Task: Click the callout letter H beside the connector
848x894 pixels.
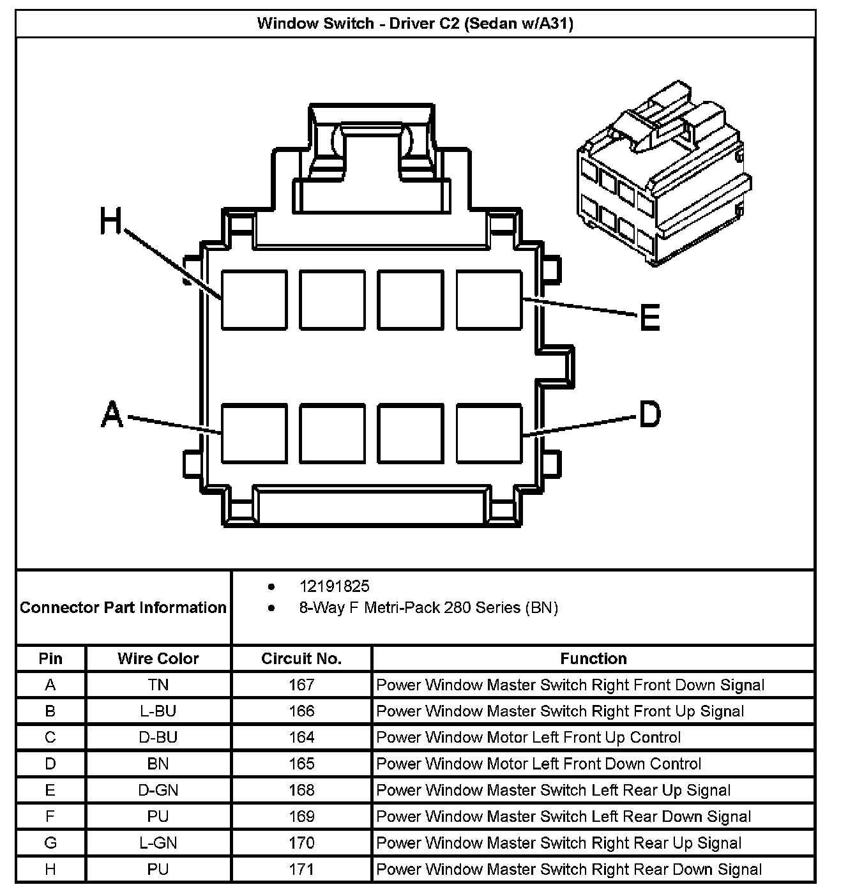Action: (x=110, y=222)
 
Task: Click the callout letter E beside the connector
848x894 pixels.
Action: (x=649, y=317)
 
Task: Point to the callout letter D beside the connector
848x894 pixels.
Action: (x=649, y=414)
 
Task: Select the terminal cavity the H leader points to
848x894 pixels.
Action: (x=254, y=300)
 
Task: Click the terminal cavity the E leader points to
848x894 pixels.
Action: (x=489, y=300)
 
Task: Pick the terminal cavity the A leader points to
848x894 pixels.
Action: (x=254, y=433)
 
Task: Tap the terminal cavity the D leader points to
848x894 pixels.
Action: (x=489, y=433)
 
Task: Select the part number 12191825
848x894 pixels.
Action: (x=334, y=586)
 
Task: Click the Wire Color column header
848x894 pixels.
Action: (x=158, y=658)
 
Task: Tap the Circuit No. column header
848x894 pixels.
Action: (x=301, y=658)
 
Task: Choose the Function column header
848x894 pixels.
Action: (x=593, y=658)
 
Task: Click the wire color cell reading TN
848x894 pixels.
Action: (x=158, y=685)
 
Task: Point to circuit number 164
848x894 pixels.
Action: (x=301, y=738)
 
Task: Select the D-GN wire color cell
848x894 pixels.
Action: (x=158, y=790)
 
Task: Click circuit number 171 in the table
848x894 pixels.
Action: (x=301, y=869)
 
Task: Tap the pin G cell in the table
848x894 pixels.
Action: (x=50, y=843)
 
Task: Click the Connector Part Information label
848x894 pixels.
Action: (x=123, y=607)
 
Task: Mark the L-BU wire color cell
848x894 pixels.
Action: (x=158, y=711)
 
